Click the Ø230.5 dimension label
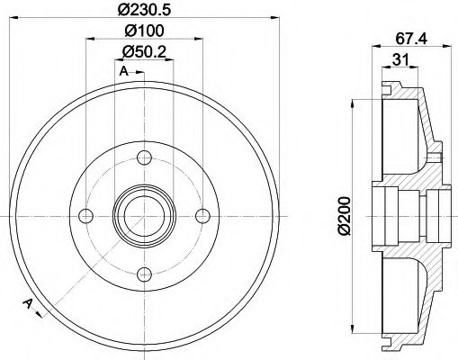[144, 11]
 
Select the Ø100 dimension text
[144, 32]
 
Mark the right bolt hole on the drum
[202, 214]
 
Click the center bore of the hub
[144, 214]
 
